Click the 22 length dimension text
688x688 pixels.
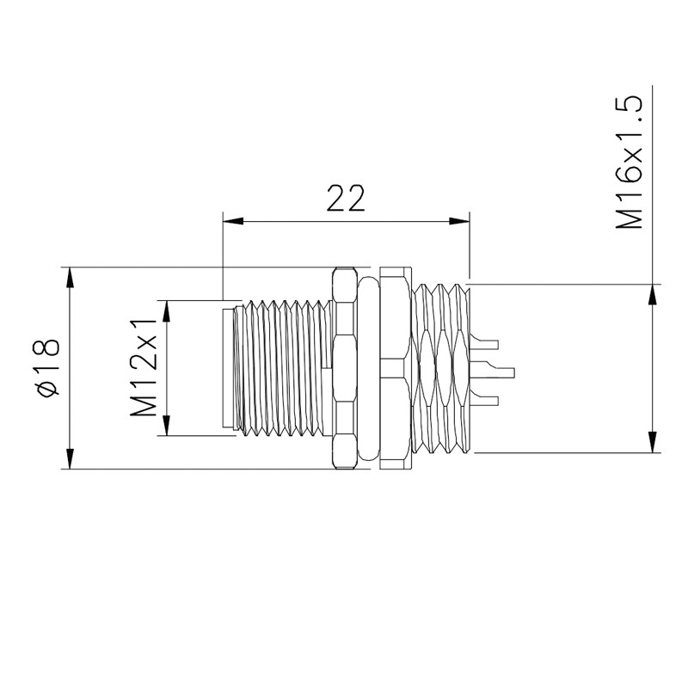click(346, 198)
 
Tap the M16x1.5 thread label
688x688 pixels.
click(630, 163)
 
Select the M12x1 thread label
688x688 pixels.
click(145, 367)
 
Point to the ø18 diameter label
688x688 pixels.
click(47, 367)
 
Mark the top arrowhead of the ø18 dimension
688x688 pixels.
click(69, 277)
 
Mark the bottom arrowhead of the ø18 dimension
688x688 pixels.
click(69, 459)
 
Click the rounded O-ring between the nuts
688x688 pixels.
click(369, 370)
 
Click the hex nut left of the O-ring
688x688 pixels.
click(344, 368)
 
